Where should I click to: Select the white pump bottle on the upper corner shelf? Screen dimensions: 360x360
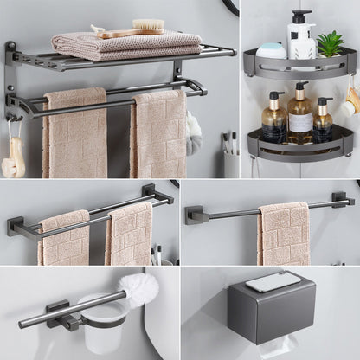(x=300, y=39)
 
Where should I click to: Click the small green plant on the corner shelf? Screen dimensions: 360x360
(x=330, y=43)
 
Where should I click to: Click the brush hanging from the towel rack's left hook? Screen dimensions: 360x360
(x=12, y=160)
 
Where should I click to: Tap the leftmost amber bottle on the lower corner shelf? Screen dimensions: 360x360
(x=273, y=121)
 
